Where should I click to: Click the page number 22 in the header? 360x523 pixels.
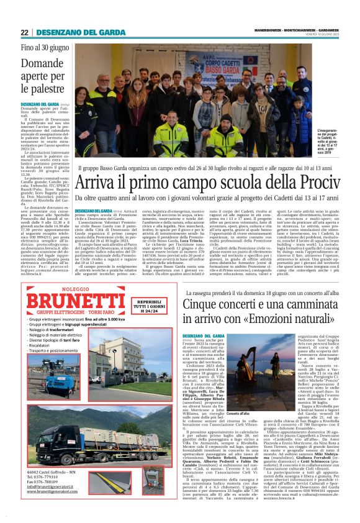pos(25,32)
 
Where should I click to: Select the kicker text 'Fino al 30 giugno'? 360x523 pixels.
pos(46,47)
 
